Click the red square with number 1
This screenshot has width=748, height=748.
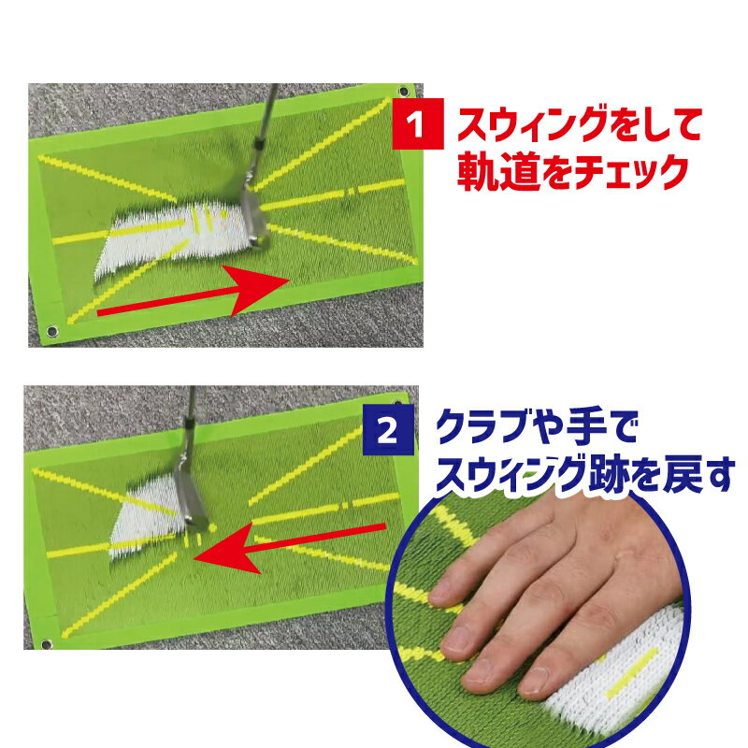point(418,124)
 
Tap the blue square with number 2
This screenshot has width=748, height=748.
point(388,430)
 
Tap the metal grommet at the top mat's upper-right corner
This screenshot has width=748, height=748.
point(404,91)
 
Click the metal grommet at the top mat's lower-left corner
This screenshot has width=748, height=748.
point(51,331)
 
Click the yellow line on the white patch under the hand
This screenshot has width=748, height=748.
point(632,673)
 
